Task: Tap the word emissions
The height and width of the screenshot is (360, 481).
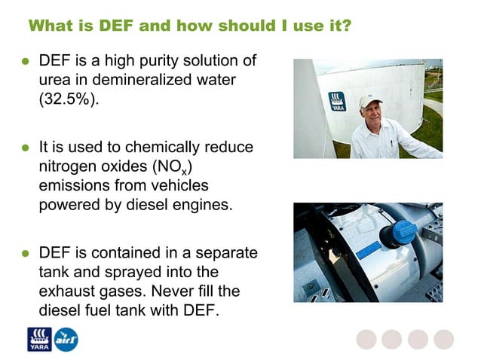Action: [75, 185]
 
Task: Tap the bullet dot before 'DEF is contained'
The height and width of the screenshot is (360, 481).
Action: [25, 252]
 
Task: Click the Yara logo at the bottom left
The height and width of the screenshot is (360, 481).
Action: [38, 340]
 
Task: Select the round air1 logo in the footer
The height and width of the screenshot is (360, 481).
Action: [66, 340]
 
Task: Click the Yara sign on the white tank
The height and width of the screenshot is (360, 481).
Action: [336, 101]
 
